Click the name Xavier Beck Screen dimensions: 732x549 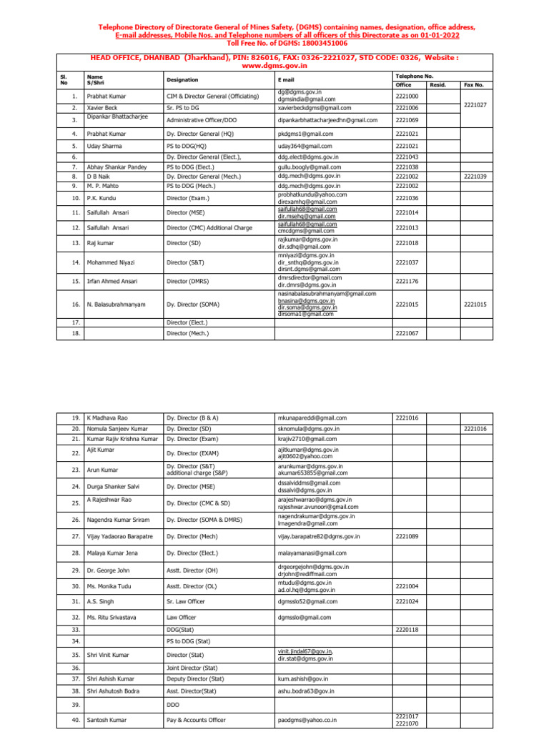pyautogui.click(x=102, y=107)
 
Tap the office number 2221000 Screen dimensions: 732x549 pyautogui.click(x=407, y=96)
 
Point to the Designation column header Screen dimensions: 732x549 pyautogui.click(x=182, y=80)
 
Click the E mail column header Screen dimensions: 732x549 pyautogui.click(x=287, y=80)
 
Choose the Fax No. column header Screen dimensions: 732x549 pyautogui.click(x=474, y=84)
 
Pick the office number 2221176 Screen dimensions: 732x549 pyautogui.click(x=407, y=282)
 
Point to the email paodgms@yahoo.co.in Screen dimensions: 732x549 pyautogui.click(x=307, y=720)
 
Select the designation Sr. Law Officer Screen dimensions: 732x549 pyautogui.click(x=185, y=602)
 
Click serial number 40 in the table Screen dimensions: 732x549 pyautogui.click(x=76, y=720)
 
